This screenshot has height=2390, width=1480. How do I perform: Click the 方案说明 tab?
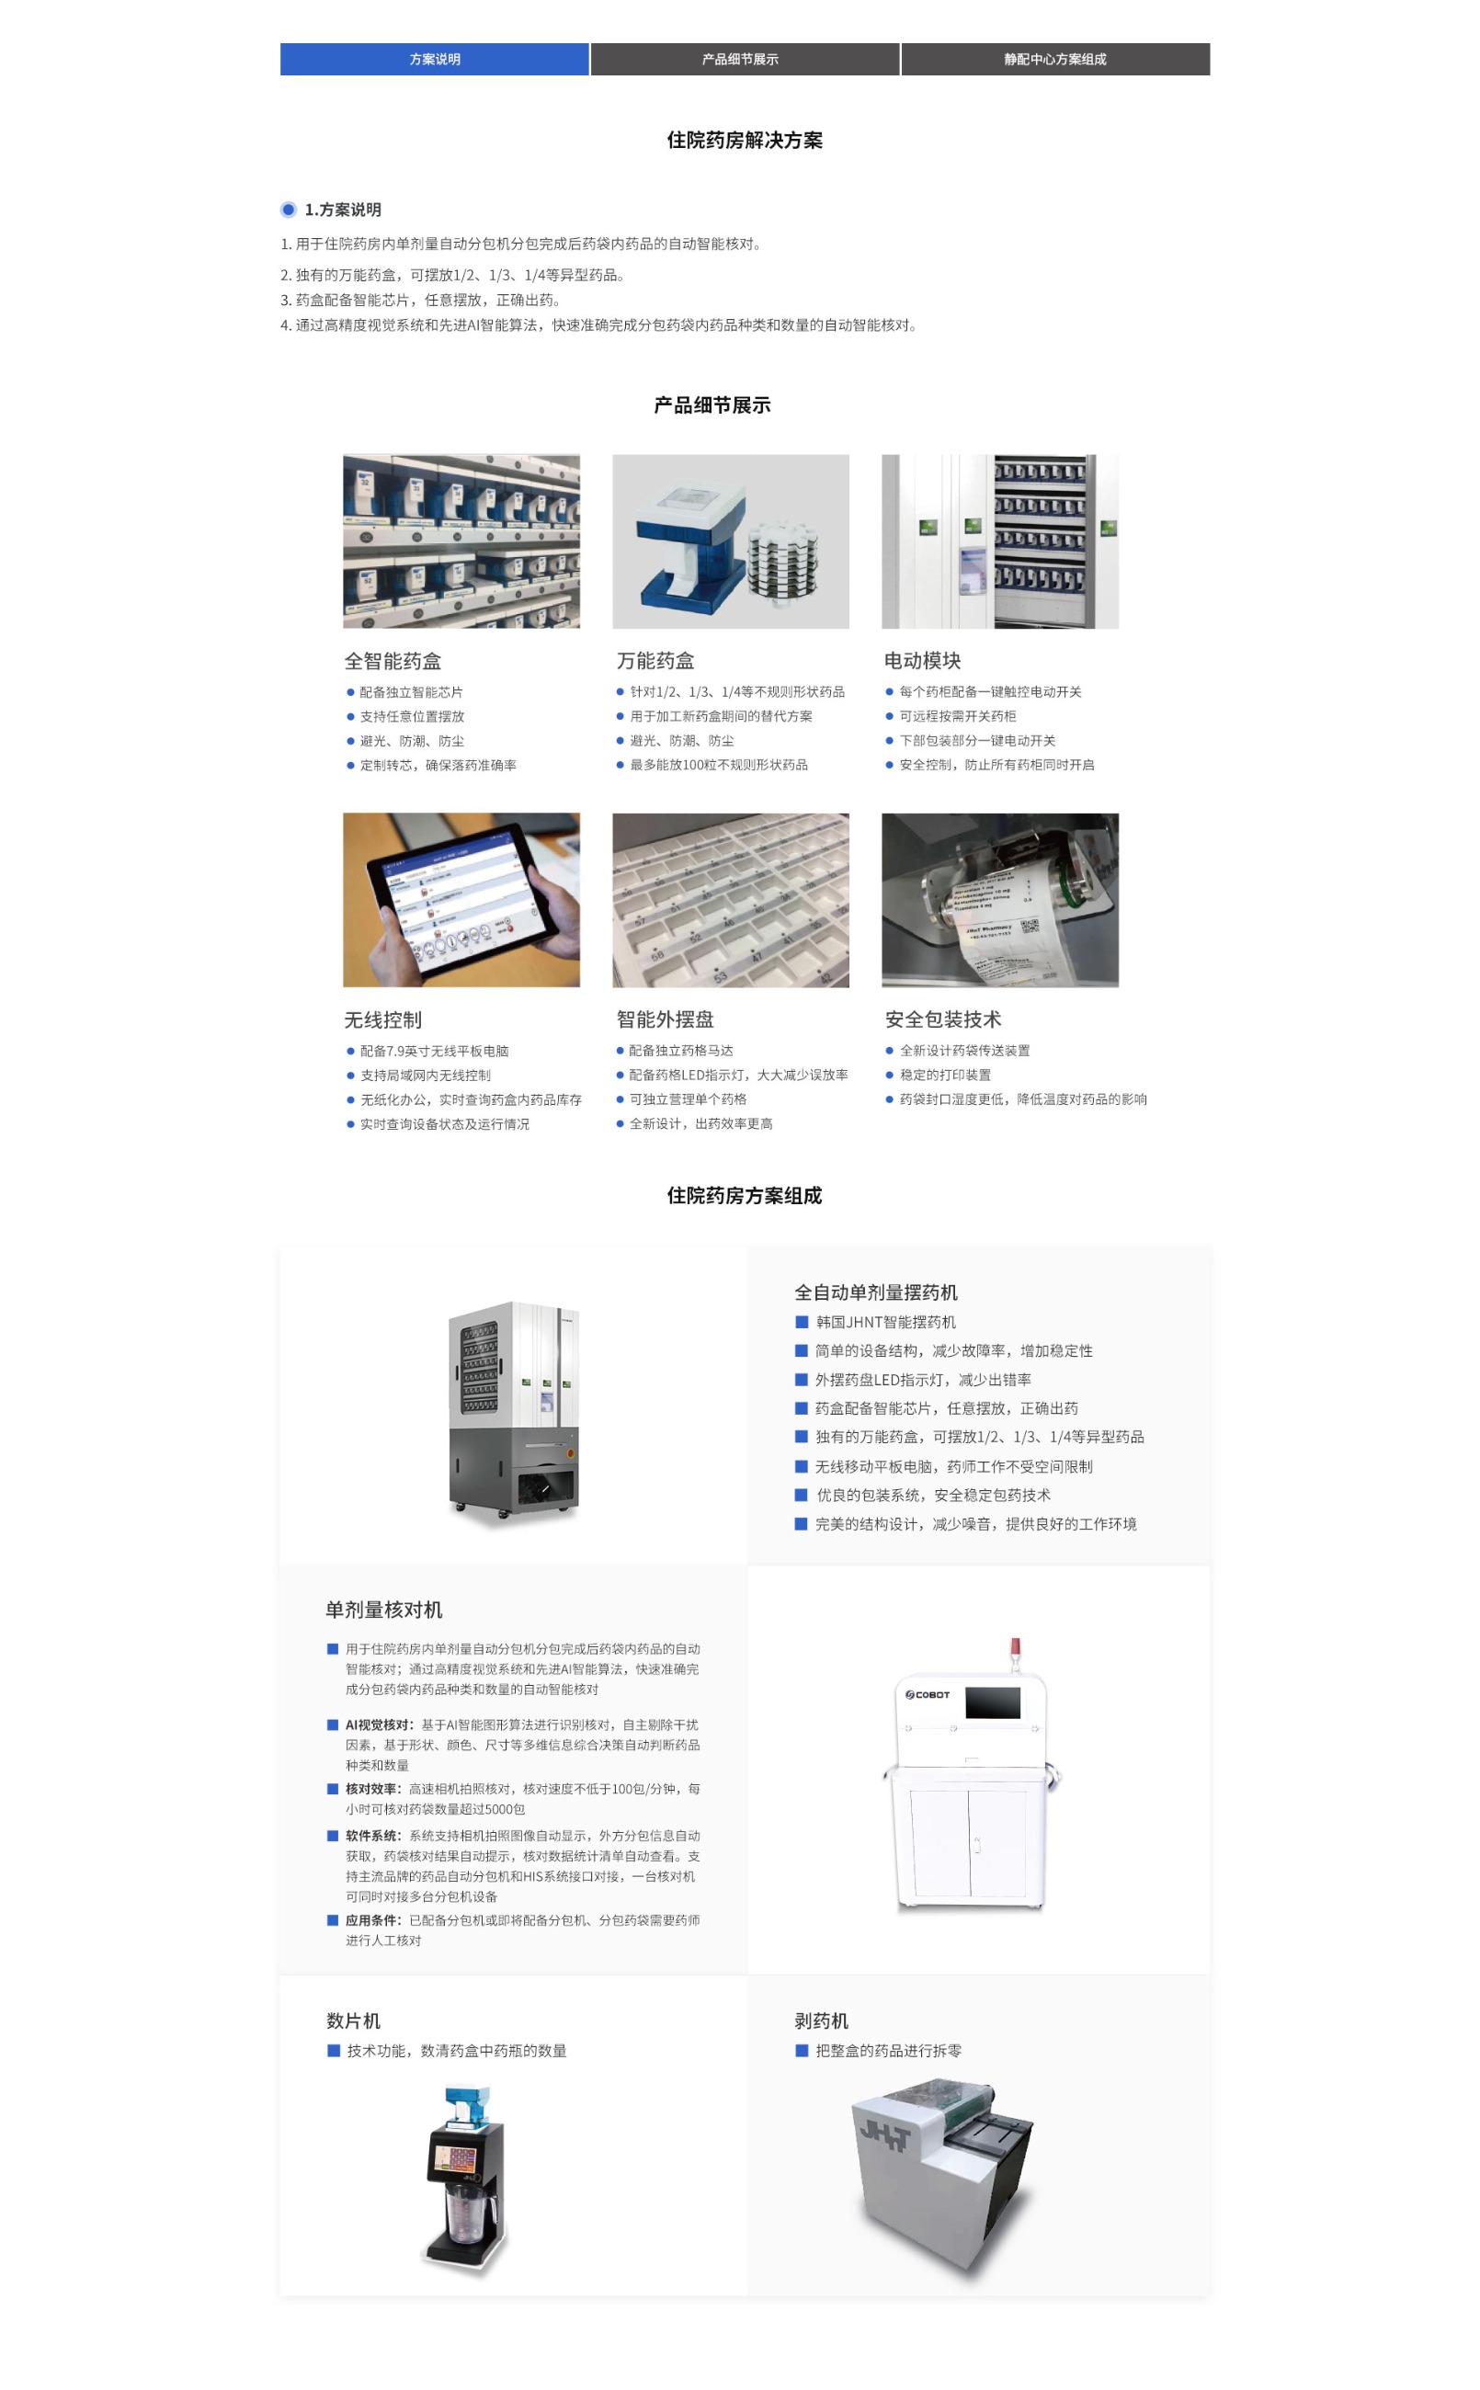point(435,59)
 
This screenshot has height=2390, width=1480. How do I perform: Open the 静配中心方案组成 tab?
point(1055,59)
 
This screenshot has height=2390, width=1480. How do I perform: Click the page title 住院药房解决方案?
point(744,140)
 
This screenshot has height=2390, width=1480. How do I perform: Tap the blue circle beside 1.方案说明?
point(289,210)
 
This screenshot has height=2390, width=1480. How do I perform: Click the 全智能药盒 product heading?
point(393,661)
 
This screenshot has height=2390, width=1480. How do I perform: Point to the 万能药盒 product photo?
point(730,541)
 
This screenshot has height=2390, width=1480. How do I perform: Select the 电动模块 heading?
point(922,661)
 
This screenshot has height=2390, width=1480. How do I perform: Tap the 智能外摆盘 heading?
point(665,1019)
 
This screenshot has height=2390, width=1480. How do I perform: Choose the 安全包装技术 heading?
point(942,1019)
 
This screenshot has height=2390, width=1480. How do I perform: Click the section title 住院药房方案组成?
point(744,1195)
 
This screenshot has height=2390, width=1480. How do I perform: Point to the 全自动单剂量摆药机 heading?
point(876,1292)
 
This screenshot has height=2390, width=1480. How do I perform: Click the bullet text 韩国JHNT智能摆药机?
point(886,1321)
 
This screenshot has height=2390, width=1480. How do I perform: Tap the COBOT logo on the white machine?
point(927,1694)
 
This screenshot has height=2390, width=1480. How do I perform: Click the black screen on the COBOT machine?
point(993,1702)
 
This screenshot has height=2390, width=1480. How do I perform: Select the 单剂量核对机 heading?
point(383,1609)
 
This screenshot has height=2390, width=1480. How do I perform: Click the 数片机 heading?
point(353,2020)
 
